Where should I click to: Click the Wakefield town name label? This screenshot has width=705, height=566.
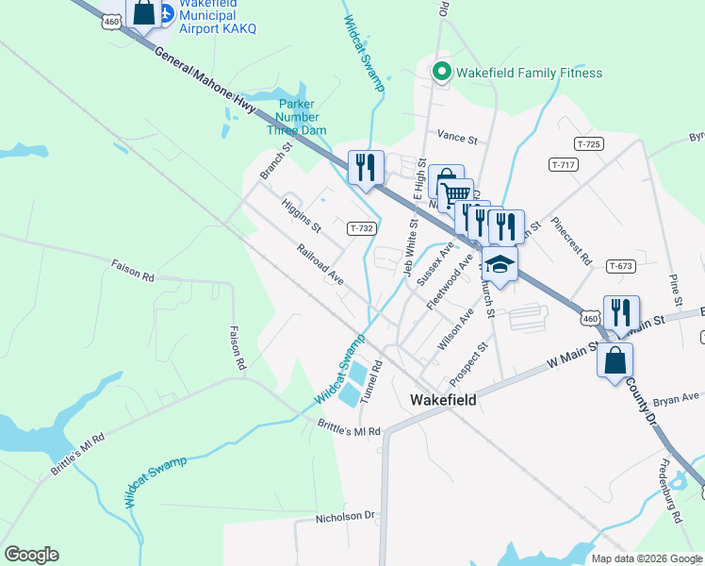pos(443,399)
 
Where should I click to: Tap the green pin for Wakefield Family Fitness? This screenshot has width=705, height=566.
pos(440,72)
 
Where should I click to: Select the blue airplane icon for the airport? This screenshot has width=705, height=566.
pos(167,13)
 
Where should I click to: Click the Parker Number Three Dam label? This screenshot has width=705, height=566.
pos(296,117)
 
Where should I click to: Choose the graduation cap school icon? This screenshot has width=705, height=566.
pos(500,265)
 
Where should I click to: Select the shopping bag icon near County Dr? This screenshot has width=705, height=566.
pos(615,360)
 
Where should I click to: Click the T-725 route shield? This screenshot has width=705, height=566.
pos(589,143)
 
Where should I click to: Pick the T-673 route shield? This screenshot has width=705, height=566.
pos(620,266)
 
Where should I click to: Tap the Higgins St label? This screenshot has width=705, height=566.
pos(303,215)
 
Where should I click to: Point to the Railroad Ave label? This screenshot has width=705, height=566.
pos(320,266)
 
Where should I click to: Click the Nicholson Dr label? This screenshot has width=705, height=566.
pos(346,517)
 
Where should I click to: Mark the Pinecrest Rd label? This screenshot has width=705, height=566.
pos(572,243)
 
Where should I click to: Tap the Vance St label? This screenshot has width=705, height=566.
pos(458,138)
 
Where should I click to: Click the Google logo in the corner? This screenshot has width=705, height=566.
pos(31,555)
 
